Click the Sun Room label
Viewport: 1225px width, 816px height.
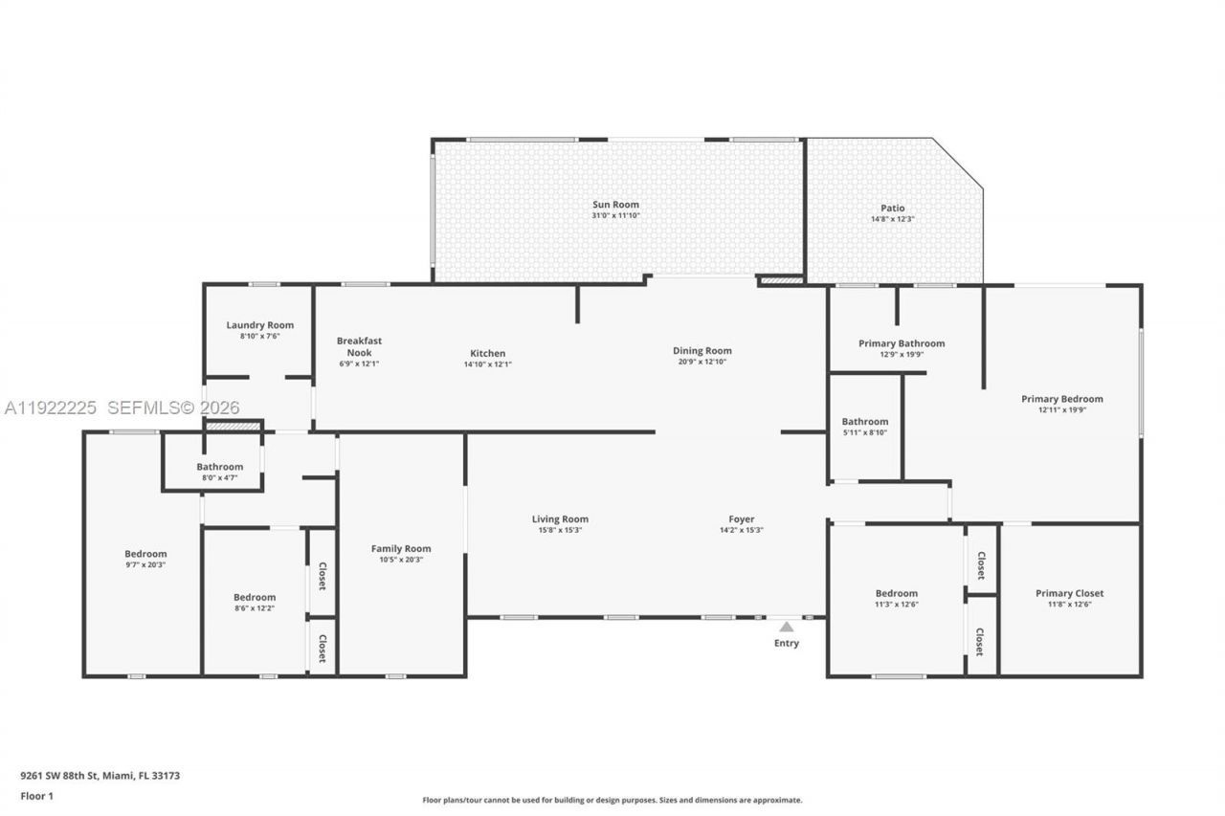point(615,205)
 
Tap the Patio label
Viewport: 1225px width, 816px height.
point(892,209)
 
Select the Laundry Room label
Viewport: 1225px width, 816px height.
point(259,325)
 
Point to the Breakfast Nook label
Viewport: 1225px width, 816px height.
point(359,346)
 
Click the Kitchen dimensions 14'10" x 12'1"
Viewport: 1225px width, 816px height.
point(487,364)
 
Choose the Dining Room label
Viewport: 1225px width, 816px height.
point(702,351)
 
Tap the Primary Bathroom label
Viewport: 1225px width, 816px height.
point(901,343)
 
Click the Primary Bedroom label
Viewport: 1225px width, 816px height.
point(1061,399)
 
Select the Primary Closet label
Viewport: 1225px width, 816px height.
point(1069,593)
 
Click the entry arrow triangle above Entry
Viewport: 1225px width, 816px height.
point(786,628)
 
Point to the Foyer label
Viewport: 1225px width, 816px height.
point(742,519)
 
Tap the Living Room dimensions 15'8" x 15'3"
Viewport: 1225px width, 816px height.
point(560,531)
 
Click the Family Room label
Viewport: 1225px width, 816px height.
point(401,548)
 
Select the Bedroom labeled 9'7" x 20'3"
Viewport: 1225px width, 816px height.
point(145,554)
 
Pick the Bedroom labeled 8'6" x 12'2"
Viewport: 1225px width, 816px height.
point(255,597)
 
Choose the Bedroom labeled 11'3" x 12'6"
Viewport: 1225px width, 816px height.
point(896,593)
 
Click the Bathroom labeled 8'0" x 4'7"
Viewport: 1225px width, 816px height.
point(220,467)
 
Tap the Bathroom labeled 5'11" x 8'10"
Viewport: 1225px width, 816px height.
point(864,421)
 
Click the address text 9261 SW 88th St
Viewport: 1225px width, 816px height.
point(61,776)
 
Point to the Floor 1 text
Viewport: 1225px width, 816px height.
point(36,796)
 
